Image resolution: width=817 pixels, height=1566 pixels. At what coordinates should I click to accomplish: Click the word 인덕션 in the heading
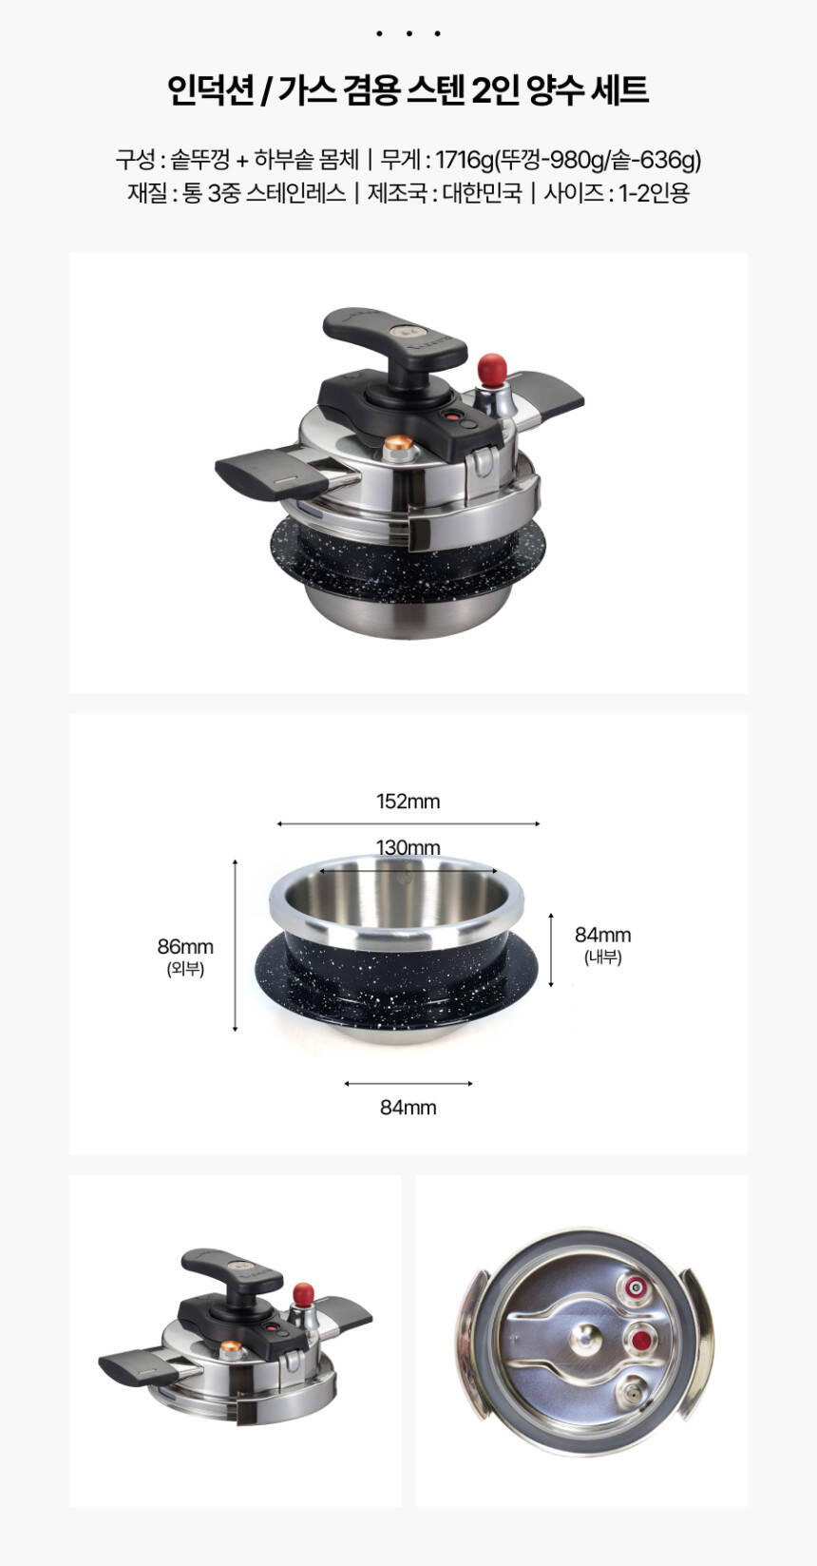pos(212,90)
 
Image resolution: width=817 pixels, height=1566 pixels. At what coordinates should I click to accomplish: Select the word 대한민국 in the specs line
pos(482,193)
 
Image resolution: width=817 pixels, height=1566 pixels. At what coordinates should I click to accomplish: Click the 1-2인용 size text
pos(654,193)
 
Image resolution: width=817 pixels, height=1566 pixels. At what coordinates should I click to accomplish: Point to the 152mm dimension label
pos(408,802)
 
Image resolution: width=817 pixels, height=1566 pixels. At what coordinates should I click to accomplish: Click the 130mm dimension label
pos(408,847)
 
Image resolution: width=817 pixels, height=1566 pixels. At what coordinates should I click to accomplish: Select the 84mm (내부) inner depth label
pos(602,944)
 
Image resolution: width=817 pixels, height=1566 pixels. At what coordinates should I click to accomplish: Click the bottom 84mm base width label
pos(408,1108)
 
